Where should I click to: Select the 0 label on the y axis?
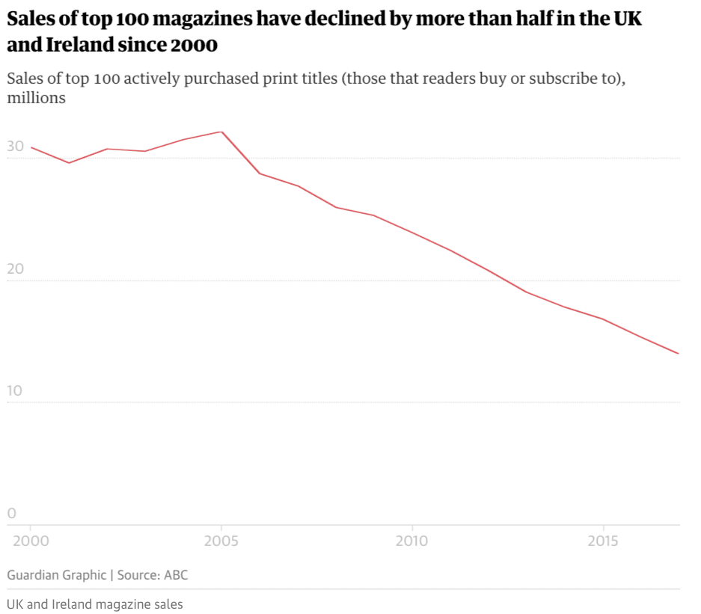click(x=12, y=513)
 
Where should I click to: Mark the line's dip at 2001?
click(x=69, y=163)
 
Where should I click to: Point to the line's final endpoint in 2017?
click(x=679, y=354)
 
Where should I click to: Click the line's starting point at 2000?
click(x=31, y=147)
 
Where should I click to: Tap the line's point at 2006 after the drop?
click(x=260, y=174)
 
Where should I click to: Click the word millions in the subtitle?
click(x=37, y=98)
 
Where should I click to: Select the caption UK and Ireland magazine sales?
click(x=94, y=604)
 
